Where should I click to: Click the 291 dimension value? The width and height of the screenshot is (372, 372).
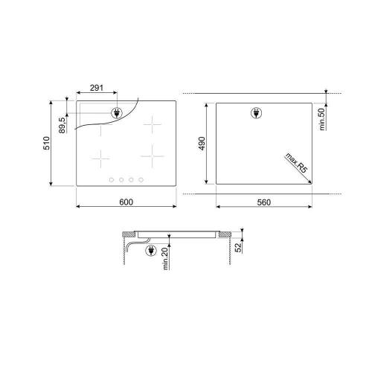pyautogui.click(x=97, y=88)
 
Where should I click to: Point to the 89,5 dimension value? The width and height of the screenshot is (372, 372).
pyautogui.click(x=62, y=125)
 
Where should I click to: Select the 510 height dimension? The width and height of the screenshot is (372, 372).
pyautogui.click(x=47, y=143)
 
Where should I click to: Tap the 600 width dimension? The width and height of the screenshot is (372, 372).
pyautogui.click(x=126, y=202)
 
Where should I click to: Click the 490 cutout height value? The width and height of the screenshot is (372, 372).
pyautogui.click(x=202, y=144)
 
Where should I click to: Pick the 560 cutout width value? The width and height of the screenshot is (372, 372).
pyautogui.click(x=264, y=202)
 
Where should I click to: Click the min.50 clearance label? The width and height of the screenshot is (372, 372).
pyautogui.click(x=321, y=119)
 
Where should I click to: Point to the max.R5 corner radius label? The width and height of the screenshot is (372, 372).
pyautogui.click(x=297, y=163)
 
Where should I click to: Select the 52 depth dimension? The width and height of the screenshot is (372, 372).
pyautogui.click(x=238, y=247)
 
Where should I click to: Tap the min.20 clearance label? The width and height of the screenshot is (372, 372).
pyautogui.click(x=165, y=259)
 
